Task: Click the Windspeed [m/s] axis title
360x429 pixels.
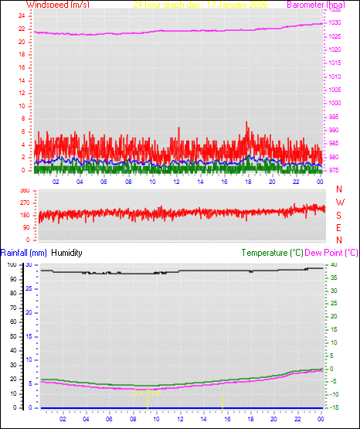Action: click(x=57, y=5)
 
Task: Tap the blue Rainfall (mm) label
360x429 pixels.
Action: click(x=24, y=253)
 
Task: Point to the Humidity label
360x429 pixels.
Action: click(x=66, y=253)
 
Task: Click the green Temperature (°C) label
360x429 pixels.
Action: click(x=272, y=253)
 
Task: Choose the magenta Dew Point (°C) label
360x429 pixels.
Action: click(x=332, y=253)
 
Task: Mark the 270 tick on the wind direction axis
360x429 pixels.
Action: click(x=25, y=203)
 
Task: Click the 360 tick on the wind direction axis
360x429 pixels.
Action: click(x=25, y=190)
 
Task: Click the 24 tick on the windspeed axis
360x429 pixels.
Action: click(x=21, y=15)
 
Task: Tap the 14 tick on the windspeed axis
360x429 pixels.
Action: click(x=21, y=80)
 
